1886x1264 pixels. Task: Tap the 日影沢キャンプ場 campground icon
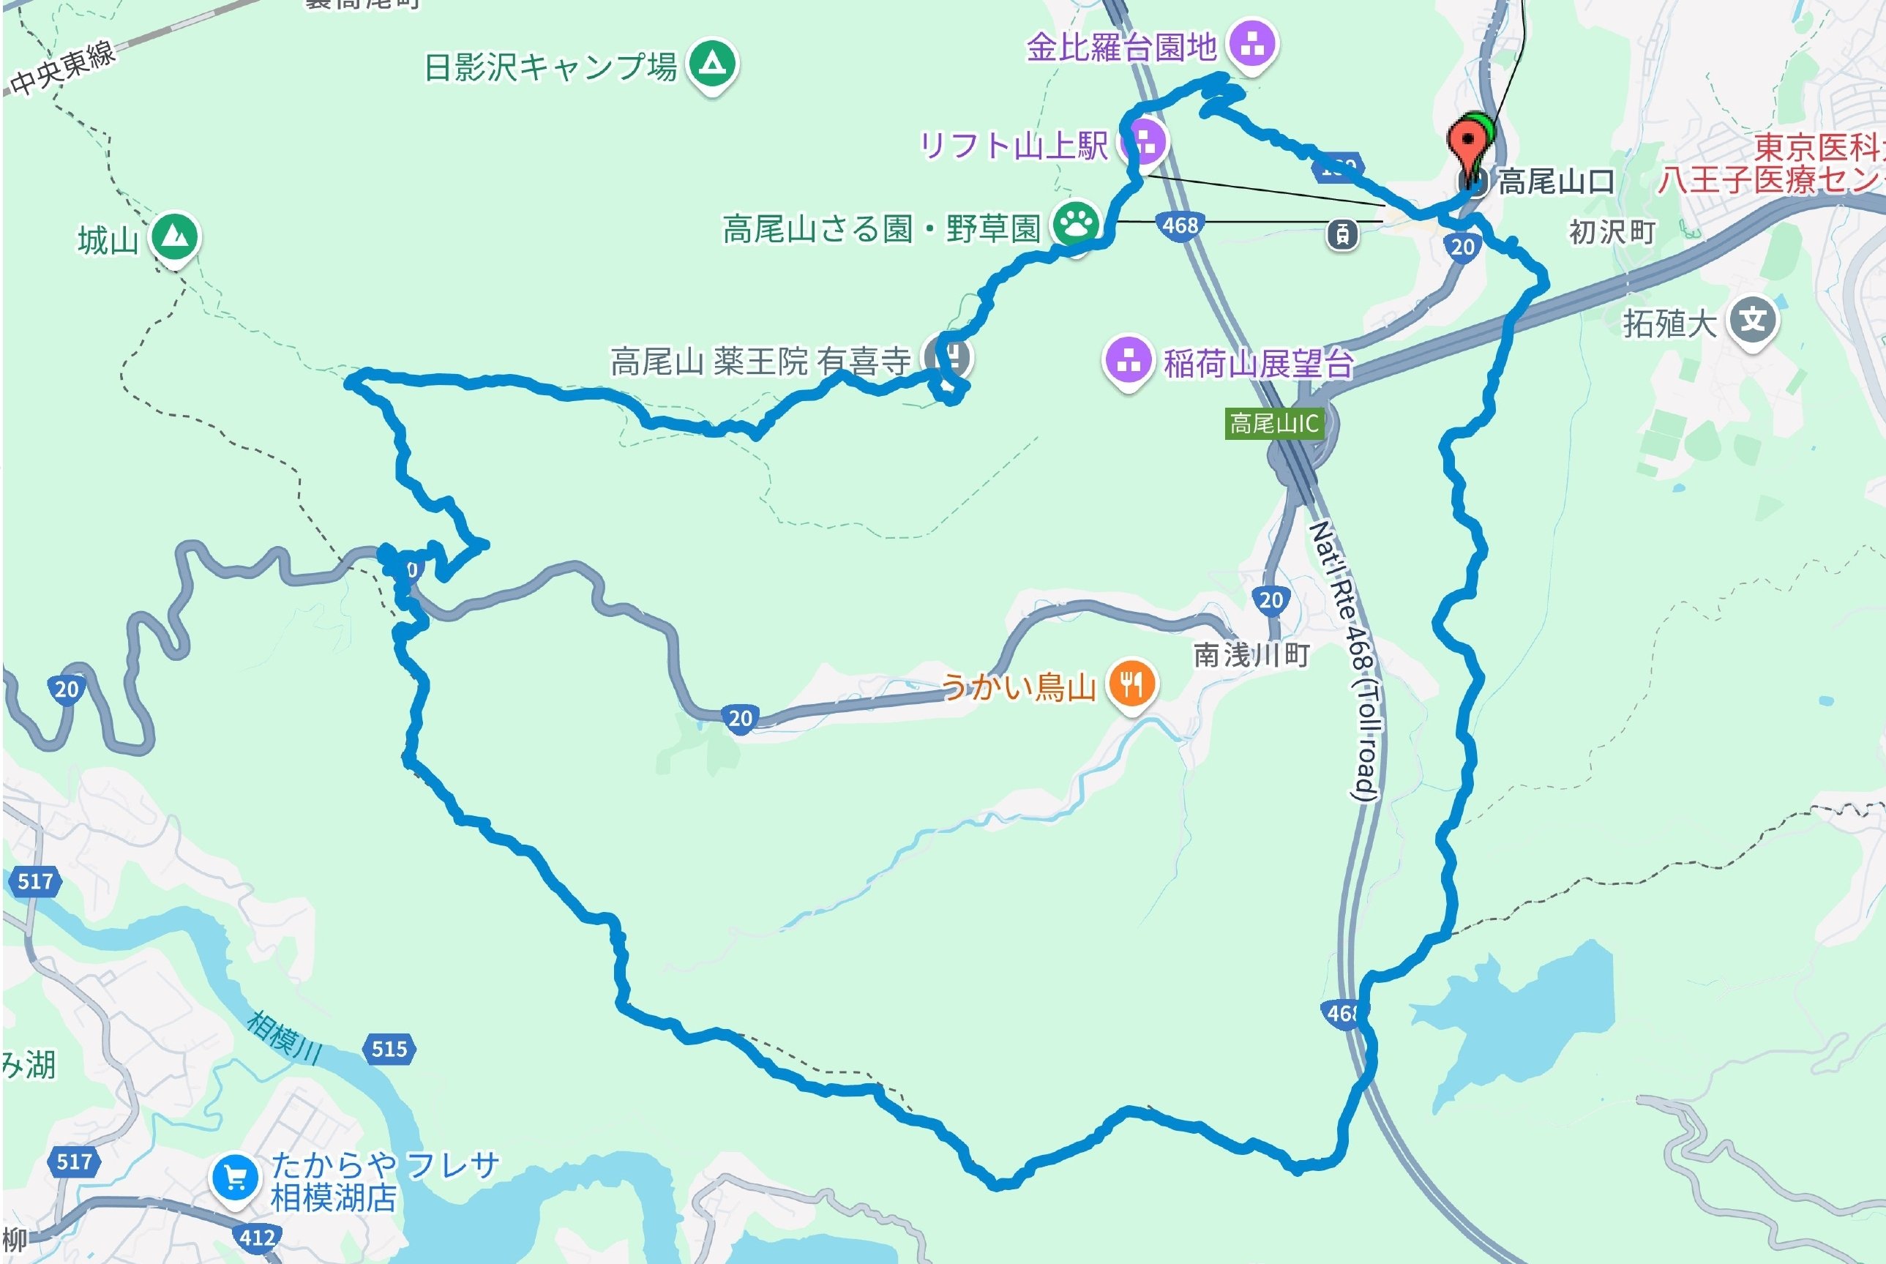(x=711, y=63)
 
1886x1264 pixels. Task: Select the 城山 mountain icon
(x=174, y=236)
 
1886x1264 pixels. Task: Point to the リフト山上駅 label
(x=1013, y=146)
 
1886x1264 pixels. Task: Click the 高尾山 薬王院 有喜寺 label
(x=760, y=361)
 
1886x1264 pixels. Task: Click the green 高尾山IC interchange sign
(x=1273, y=423)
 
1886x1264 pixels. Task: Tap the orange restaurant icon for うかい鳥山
(x=1131, y=684)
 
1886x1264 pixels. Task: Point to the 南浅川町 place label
(x=1251, y=654)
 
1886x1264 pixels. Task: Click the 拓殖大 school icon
(x=1753, y=321)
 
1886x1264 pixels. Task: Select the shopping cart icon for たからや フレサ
(x=234, y=1178)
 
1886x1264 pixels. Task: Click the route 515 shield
(x=390, y=1049)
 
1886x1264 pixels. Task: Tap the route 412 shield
(x=257, y=1238)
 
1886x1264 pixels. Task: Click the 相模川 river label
(x=284, y=1035)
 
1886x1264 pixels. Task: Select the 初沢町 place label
(x=1610, y=232)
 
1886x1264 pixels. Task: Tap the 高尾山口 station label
(x=1555, y=182)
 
